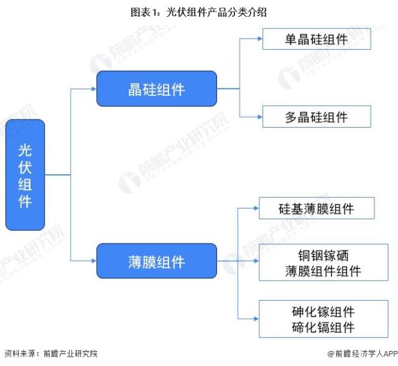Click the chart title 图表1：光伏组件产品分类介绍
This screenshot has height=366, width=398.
(x=199, y=12)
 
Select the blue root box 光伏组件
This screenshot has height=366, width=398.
(x=25, y=175)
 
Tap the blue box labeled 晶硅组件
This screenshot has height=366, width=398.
(x=156, y=88)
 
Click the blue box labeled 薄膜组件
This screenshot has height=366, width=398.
(x=156, y=261)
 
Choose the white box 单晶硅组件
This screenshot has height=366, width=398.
(x=317, y=39)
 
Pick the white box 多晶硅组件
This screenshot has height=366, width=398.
(x=317, y=116)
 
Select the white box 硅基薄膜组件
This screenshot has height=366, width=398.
(x=317, y=209)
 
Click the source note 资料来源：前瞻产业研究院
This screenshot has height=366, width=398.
(x=50, y=354)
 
